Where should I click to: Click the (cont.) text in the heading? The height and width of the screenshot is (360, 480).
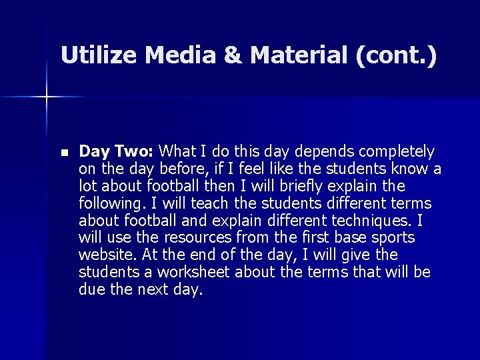point(397,55)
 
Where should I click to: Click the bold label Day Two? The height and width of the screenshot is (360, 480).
point(117,151)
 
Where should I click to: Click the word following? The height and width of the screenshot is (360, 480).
point(109,203)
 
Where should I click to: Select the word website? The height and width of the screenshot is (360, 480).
point(105,255)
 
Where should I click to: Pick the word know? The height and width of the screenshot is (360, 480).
point(409,169)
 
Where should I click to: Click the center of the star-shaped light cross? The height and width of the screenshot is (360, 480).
point(47,97)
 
